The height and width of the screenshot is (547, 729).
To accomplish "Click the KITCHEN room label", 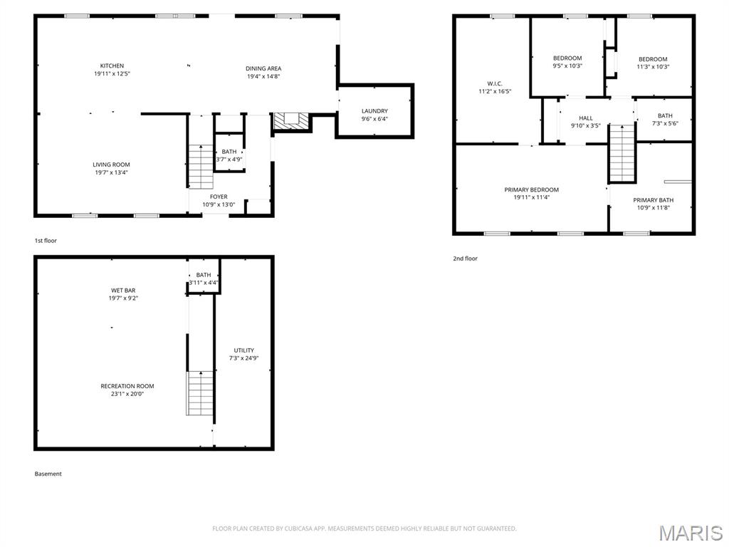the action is click(x=112, y=66).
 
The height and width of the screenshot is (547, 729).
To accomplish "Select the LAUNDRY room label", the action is click(x=374, y=110).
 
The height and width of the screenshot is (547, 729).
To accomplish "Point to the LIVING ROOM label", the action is click(x=111, y=165).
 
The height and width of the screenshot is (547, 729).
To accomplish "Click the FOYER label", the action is click(x=219, y=197).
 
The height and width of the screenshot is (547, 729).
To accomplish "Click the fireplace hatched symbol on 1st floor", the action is click(x=291, y=120).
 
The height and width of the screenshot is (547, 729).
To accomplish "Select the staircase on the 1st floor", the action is click(x=201, y=167).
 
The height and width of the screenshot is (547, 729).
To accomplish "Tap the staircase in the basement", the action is click(x=200, y=393).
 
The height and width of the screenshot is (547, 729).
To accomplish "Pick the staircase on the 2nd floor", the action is click(x=622, y=153).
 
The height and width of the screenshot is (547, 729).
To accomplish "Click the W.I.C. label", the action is click(x=495, y=84).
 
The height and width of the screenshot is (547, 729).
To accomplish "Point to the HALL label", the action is click(x=586, y=118).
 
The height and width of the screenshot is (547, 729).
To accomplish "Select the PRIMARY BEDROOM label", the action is click(x=531, y=189).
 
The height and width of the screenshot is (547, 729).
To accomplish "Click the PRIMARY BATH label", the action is click(x=654, y=200).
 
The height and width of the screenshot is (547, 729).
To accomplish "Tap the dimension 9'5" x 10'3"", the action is click(x=567, y=66).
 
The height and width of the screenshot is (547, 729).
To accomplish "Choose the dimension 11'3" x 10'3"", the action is click(x=653, y=66).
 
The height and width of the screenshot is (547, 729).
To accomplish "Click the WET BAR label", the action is click(x=123, y=291).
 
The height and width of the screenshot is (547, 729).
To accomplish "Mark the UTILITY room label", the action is click(x=244, y=350).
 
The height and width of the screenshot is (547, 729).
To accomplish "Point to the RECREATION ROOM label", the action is click(x=127, y=386).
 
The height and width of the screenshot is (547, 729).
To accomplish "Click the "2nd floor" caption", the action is click(x=466, y=258).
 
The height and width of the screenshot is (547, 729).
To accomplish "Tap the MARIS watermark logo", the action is click(x=691, y=533).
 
